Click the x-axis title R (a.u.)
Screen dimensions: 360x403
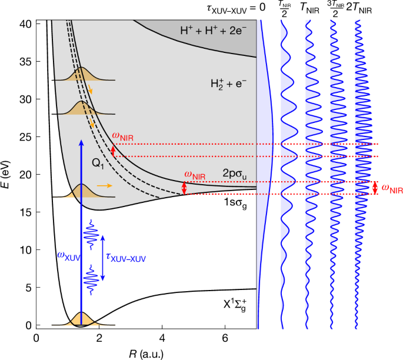point(146,353)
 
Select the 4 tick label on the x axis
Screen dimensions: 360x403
point(162,338)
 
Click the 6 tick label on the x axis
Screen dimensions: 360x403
point(225,338)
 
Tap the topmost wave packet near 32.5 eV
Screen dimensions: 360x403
point(81,74)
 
